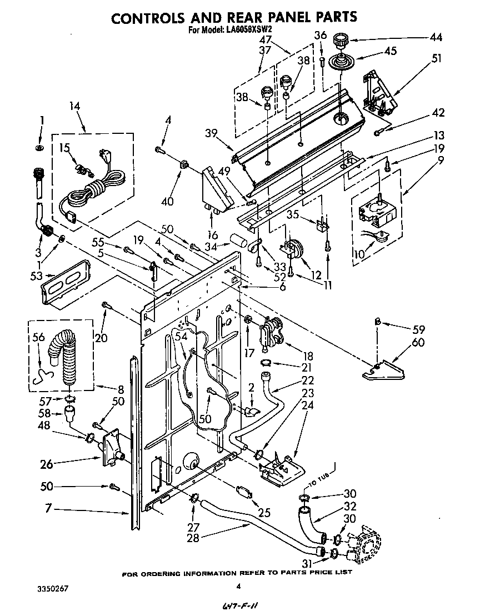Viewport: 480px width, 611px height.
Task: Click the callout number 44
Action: [x=436, y=37]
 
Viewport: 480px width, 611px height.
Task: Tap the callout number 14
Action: [x=74, y=106]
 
